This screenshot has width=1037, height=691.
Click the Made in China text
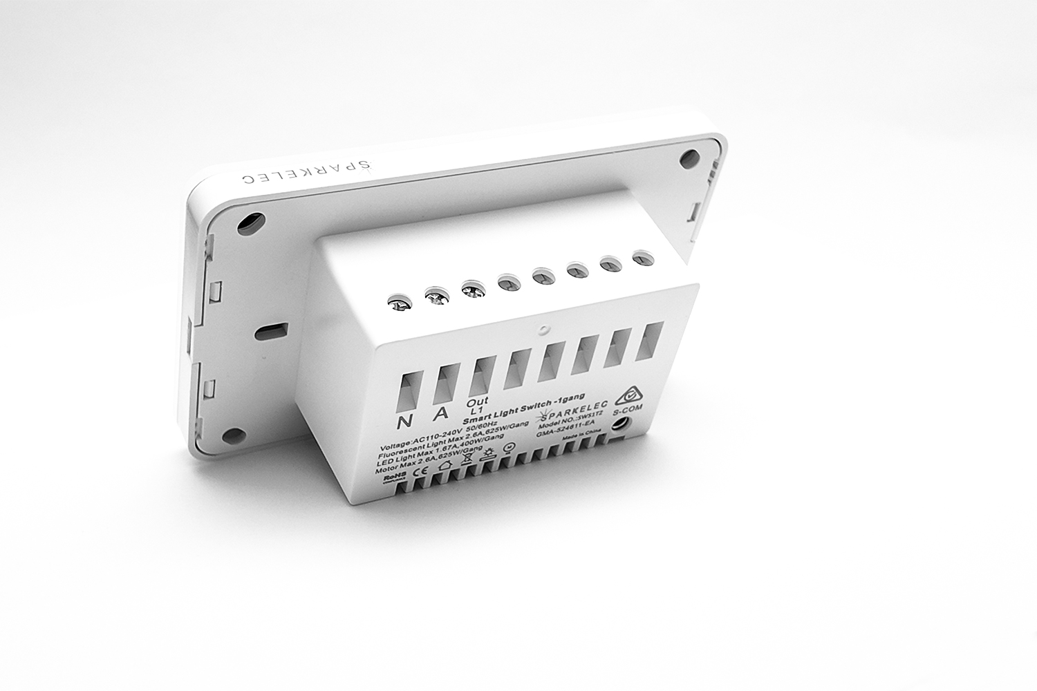(579, 437)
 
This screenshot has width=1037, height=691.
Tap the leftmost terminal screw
(398, 302)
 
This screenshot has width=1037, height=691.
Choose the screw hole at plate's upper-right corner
(689, 158)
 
